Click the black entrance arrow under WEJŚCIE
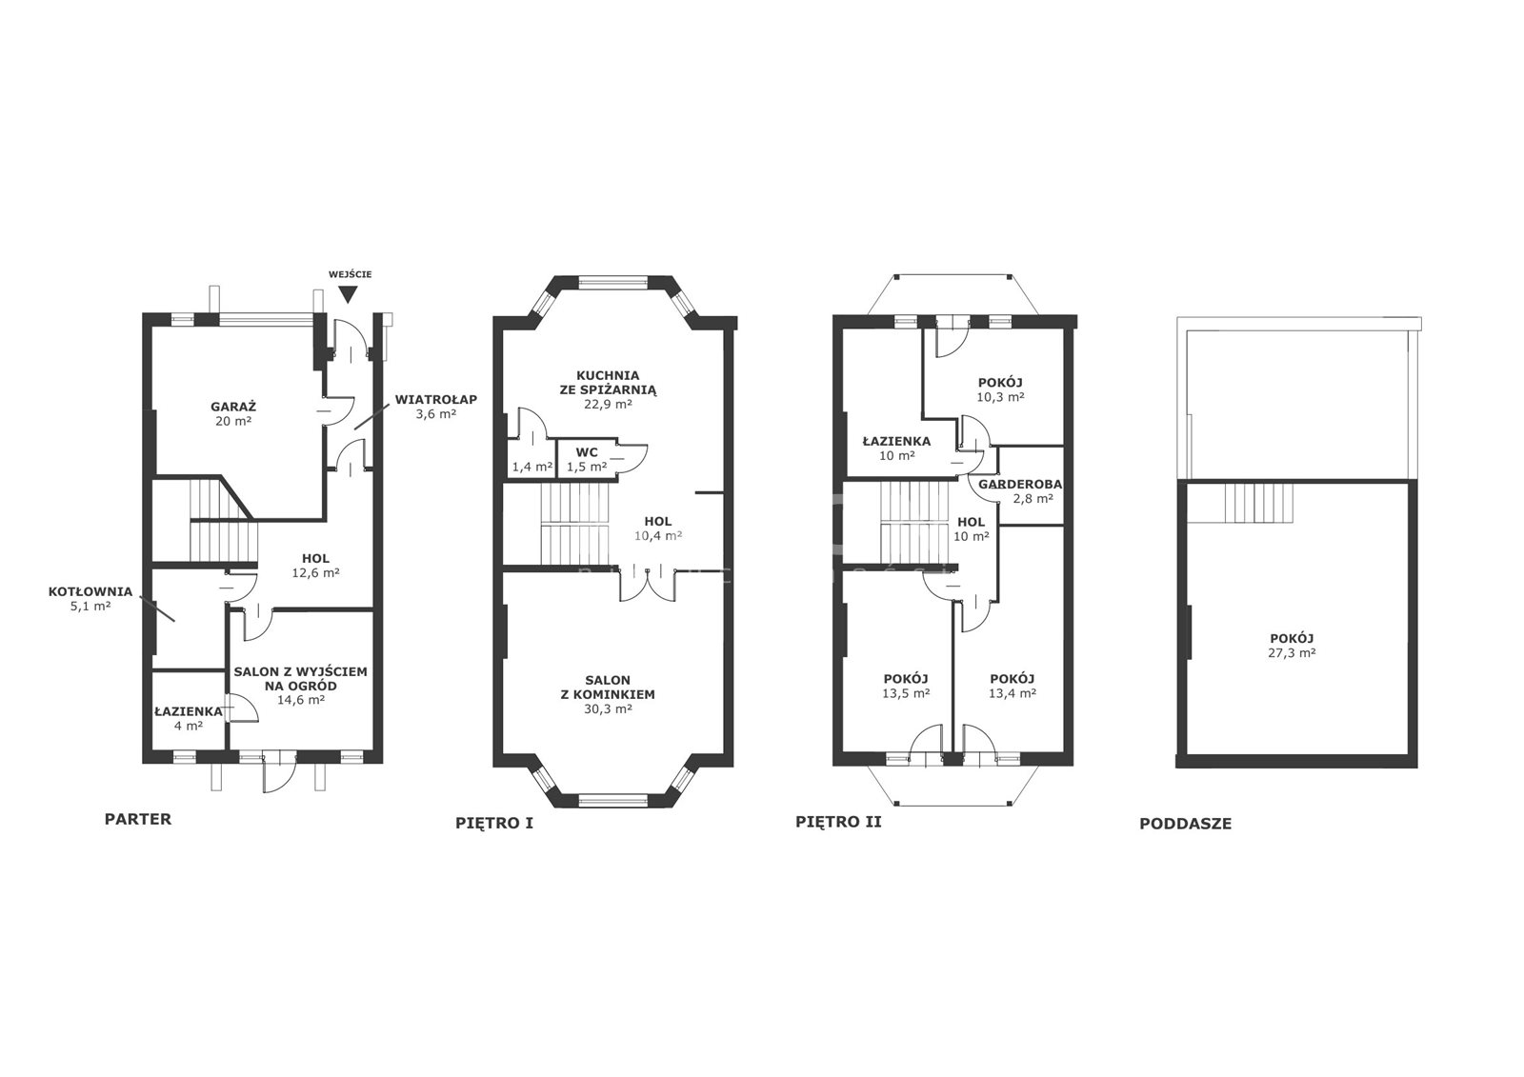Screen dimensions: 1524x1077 349,294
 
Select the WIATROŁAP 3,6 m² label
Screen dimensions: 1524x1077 436,407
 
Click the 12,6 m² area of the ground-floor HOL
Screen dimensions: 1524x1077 315,573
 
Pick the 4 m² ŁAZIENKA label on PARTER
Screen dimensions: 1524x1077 189,718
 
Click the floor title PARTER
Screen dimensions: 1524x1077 138,819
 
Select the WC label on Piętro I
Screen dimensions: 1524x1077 587,452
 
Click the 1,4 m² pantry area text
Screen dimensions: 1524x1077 532,467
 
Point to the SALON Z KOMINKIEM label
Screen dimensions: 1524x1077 609,694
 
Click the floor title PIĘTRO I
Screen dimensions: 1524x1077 494,824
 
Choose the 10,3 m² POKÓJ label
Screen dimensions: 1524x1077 1001,389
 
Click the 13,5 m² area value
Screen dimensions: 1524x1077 906,693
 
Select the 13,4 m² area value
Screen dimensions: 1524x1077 1013,693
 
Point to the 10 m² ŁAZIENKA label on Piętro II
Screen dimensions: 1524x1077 896,449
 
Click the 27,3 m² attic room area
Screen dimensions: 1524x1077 1292,652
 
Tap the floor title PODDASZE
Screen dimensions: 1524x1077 1186,824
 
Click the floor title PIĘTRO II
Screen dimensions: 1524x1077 839,822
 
